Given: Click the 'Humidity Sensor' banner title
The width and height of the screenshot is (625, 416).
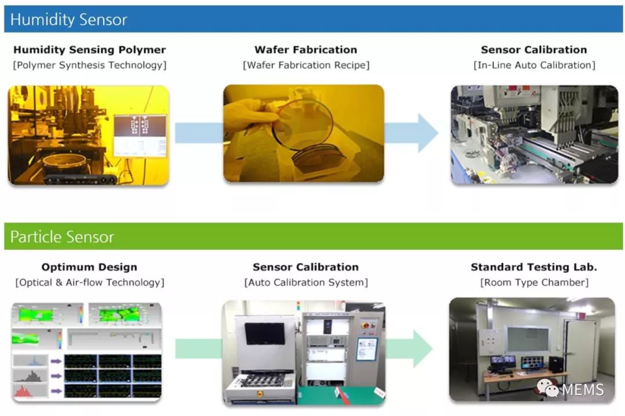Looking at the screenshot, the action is coord(68,20).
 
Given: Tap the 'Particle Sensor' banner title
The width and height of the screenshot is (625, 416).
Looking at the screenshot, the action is coord(62,237).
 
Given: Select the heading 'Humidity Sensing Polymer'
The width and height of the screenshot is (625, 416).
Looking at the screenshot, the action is coord(90,50).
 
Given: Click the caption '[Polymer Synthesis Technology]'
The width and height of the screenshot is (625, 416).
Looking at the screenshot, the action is coord(90,65).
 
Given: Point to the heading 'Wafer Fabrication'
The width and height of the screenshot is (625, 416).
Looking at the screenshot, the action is coord(306,50).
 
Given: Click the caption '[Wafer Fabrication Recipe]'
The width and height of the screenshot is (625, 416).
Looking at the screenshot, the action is coord(306,65).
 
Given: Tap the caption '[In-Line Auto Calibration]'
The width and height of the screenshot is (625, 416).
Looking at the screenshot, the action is coord(534,65).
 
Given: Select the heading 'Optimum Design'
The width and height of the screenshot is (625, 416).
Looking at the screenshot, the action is coord(89,267).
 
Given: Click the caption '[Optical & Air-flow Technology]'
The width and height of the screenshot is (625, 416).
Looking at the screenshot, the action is coord(90,282).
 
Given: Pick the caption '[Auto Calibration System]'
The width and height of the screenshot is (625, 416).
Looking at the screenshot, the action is coord(306,282).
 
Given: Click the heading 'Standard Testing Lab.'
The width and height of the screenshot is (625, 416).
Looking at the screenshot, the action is coord(534,267).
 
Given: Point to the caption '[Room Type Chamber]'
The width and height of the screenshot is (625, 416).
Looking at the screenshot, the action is coord(534,282).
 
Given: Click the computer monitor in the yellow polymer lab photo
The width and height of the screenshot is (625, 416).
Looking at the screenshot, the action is coord(140,136).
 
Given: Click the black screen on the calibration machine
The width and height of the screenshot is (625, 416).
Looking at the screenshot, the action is coord(264,333).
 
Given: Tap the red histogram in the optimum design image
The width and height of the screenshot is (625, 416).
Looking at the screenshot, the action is coord(23,392).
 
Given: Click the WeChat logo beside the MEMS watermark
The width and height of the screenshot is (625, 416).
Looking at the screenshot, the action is coord(547,388).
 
